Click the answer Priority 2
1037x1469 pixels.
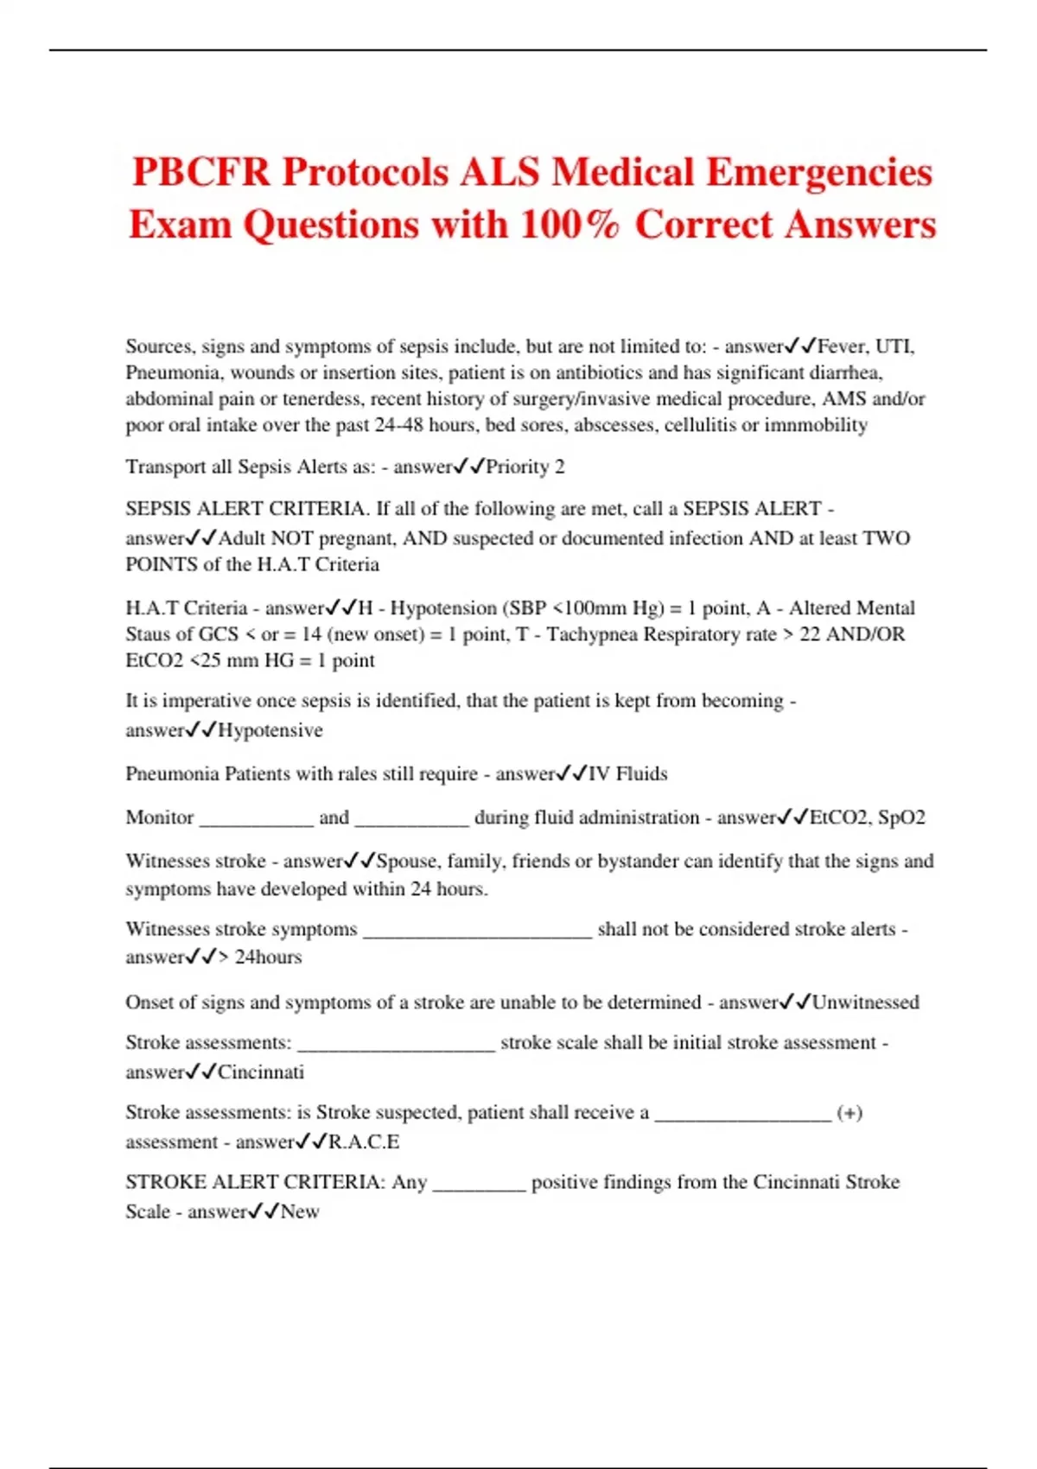pos(525,467)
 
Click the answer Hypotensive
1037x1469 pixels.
pos(270,730)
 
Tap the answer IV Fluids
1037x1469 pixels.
pos(628,773)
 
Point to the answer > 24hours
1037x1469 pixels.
pos(259,957)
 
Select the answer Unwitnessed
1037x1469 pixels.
pos(865,1002)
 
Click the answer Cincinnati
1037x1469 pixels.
pos(261,1072)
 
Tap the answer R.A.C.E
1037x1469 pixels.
pos(364,1141)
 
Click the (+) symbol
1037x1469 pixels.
pos(849,1113)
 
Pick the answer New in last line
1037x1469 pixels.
pos(300,1211)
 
